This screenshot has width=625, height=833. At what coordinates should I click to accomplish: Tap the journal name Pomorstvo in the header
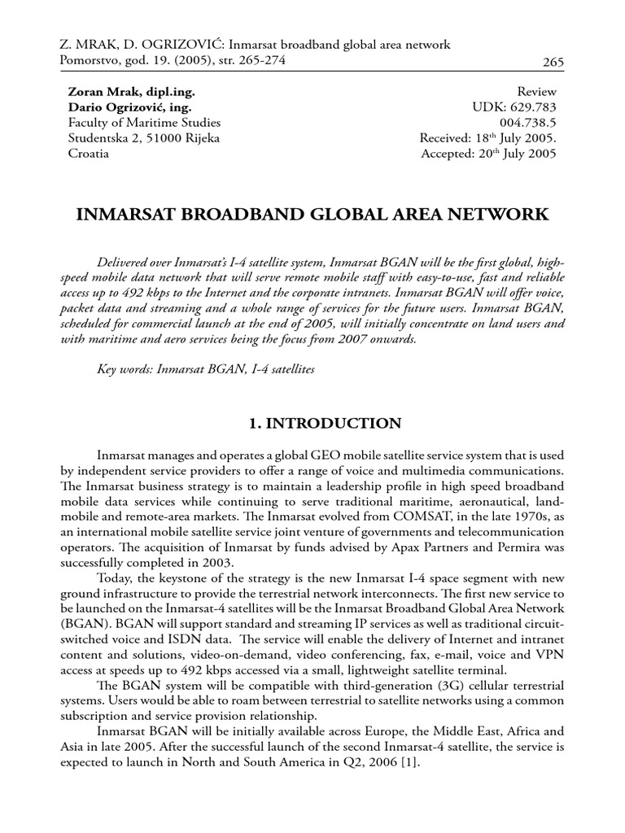[90, 61]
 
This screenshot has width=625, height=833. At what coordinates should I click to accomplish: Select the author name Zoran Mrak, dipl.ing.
[131, 93]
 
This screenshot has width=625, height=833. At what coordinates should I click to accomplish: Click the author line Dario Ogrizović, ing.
[131, 107]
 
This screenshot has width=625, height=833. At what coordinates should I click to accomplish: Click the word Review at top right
[536, 93]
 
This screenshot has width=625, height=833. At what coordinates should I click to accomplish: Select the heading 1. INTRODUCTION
[312, 423]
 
